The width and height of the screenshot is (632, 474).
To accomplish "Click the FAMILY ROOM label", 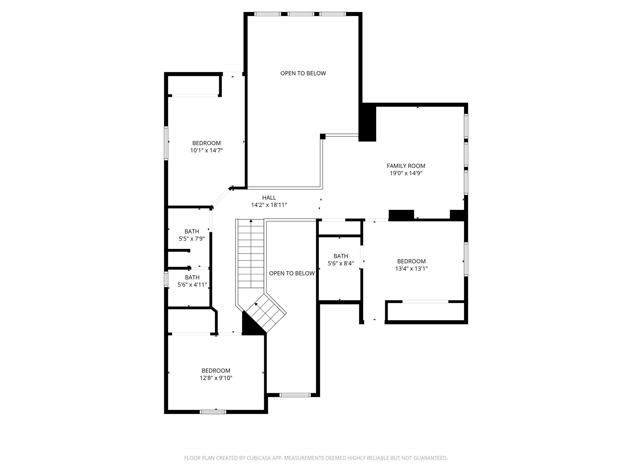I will click(406, 166).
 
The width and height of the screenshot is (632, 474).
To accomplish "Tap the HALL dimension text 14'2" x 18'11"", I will click(269, 205).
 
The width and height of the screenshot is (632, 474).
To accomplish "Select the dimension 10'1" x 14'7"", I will click(206, 151).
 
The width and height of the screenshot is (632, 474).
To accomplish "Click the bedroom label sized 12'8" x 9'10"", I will click(216, 371).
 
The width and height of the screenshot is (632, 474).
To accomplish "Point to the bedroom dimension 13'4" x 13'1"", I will click(411, 269).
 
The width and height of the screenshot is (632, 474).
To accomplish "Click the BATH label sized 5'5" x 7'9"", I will click(192, 231).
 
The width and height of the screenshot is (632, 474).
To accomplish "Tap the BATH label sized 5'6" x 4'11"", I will click(192, 277).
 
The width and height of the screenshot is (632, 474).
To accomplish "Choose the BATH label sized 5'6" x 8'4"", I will click(341, 256).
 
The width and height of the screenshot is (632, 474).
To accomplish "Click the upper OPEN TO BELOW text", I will click(303, 73).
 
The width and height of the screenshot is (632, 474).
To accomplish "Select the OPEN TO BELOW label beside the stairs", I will click(292, 273).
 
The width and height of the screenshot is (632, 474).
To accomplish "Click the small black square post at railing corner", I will click(323, 136).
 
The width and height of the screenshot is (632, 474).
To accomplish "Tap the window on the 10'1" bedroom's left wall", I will click(166, 143).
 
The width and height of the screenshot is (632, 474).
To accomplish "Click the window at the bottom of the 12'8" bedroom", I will click(213, 412).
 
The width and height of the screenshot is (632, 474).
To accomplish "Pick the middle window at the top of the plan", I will click(301, 14).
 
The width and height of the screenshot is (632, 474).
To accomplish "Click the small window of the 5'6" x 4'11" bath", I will click(166, 279).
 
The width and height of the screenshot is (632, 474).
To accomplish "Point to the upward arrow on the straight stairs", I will click(251, 221).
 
